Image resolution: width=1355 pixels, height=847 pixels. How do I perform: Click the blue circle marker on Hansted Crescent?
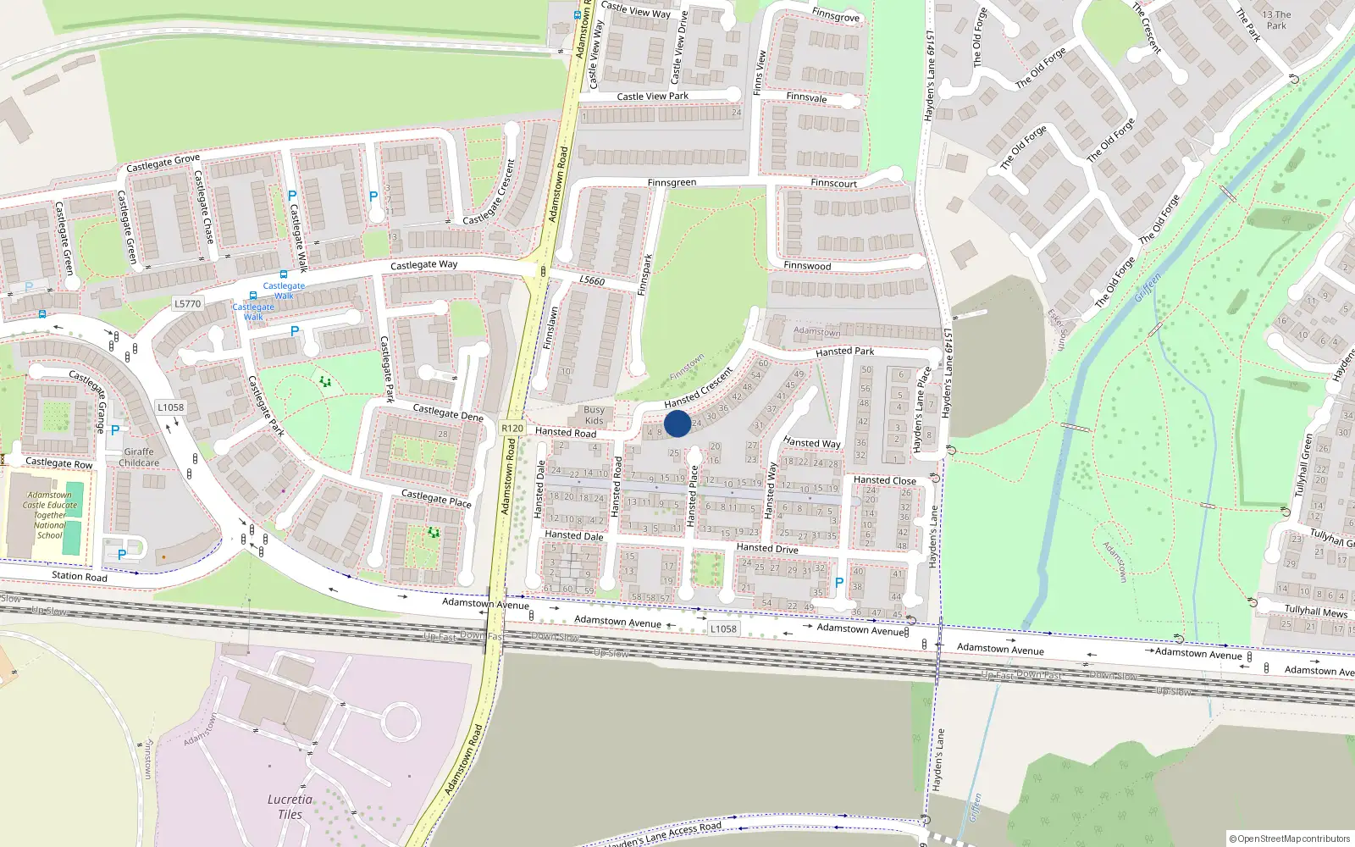677,423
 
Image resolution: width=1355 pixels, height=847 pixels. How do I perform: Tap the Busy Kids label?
595,415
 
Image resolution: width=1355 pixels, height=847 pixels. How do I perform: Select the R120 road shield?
512,428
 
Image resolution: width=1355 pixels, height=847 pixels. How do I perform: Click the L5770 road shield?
187,303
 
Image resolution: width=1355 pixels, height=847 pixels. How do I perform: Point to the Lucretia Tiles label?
290,806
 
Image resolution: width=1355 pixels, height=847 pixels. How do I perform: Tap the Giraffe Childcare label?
139,457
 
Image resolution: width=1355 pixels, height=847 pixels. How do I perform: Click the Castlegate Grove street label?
163,162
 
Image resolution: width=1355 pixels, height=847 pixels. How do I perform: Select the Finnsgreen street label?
672,182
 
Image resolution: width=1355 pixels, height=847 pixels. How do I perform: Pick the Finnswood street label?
807,265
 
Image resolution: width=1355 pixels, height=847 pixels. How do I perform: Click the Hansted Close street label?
884,480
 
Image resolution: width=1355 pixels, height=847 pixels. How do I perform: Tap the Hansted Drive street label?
766,548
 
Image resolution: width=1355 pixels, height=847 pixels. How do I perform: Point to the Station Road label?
80,576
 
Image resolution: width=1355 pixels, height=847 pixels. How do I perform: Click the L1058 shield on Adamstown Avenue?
723,628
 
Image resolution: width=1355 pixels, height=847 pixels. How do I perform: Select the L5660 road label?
592,280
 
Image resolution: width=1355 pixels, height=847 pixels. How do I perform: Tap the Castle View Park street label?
652,96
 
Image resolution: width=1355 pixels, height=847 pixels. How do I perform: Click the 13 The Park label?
1276,19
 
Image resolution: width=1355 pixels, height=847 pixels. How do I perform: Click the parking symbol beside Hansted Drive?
838,583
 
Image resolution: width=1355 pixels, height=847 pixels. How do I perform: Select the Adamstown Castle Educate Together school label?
49,515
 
